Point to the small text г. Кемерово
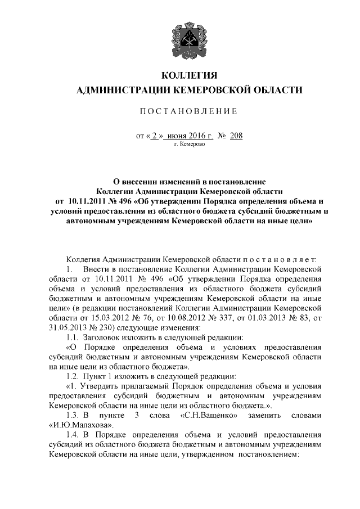[190, 145]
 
